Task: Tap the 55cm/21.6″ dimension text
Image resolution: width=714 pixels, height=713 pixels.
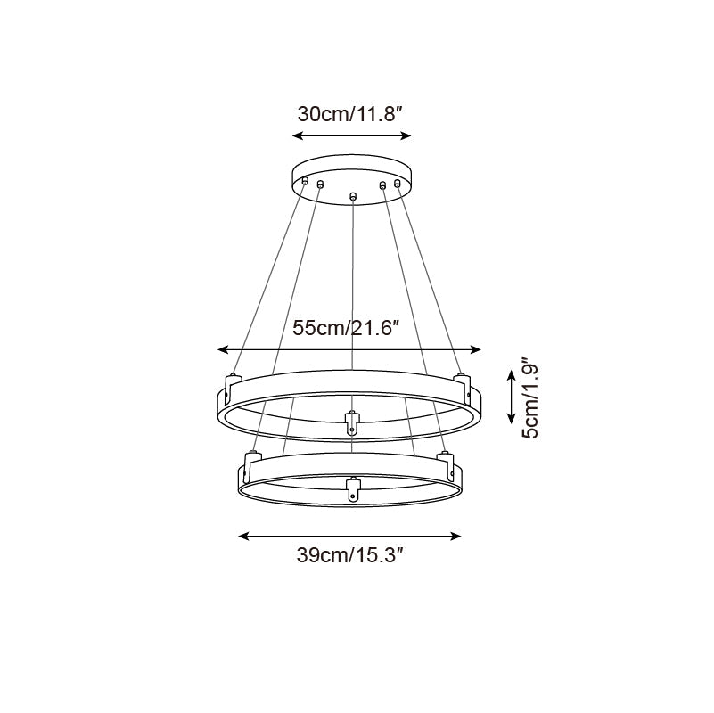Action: pyautogui.click(x=346, y=327)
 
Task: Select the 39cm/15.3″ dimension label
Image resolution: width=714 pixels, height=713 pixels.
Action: pyautogui.click(x=350, y=557)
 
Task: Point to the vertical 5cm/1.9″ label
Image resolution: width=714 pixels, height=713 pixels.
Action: pyautogui.click(x=529, y=398)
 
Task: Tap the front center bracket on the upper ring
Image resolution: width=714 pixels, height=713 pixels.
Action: pyautogui.click(x=352, y=422)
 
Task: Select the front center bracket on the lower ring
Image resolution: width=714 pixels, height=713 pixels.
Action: pyautogui.click(x=352, y=490)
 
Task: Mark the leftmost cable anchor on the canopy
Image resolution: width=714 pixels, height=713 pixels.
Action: pyautogui.click(x=305, y=182)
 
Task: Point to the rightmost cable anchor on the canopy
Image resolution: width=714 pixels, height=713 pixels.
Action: pyautogui.click(x=398, y=183)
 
